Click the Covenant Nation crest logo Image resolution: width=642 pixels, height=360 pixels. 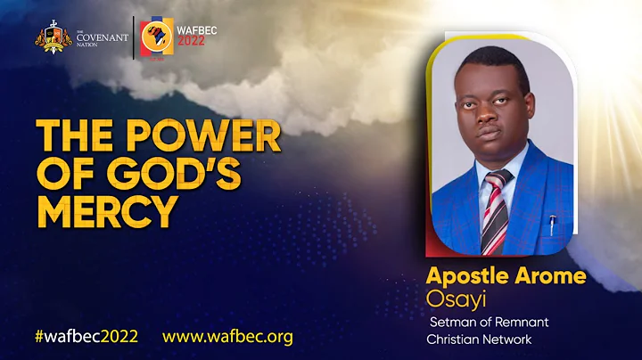pos(52,38)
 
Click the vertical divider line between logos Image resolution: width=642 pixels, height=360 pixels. pos(134,37)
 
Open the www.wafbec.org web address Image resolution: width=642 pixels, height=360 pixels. pos(227,337)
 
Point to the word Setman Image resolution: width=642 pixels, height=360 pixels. pos(454,322)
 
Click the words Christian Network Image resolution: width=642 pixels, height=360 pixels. pos(480,340)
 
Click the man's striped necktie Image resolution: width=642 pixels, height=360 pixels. pos(493,210)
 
